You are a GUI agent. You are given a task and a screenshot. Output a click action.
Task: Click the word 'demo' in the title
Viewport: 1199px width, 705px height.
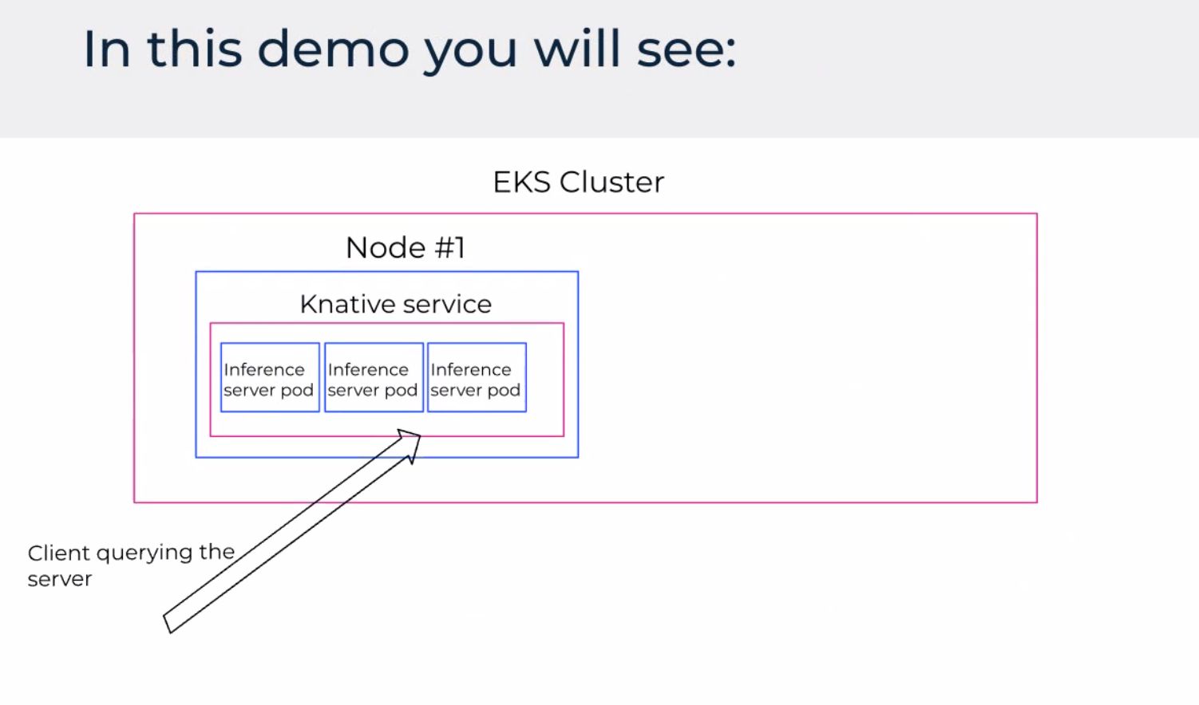click(x=334, y=49)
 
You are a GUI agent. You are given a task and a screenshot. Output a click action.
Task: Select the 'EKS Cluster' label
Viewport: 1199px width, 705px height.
click(x=578, y=183)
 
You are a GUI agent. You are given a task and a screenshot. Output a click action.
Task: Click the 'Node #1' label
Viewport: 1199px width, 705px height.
click(x=405, y=248)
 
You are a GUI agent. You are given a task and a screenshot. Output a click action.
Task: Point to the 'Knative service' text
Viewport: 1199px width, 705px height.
click(x=395, y=304)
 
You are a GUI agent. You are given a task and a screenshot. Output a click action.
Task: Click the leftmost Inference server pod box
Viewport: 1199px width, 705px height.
click(x=270, y=378)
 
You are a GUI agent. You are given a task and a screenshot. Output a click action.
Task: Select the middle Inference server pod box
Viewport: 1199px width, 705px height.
click(x=374, y=378)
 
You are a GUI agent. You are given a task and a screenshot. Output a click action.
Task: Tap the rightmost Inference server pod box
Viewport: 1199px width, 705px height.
click(x=477, y=378)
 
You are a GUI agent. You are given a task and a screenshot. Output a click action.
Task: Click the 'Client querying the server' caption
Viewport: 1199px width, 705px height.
click(x=130, y=565)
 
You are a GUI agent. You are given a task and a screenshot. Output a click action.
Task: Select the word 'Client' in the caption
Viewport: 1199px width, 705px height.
click(x=58, y=553)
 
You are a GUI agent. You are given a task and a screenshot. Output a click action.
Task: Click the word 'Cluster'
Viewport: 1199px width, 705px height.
click(x=611, y=183)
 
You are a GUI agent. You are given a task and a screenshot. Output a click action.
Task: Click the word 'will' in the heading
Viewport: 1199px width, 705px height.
click(x=576, y=49)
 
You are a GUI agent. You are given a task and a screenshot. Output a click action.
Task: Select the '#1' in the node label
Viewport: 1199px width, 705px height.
click(x=449, y=248)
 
